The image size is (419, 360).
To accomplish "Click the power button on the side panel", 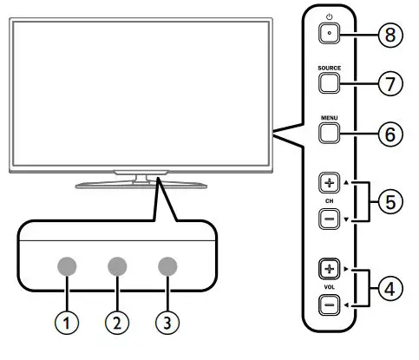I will coord(330,33).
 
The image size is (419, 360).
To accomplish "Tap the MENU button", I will coord(330,133).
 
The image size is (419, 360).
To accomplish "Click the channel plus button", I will coord(330,184).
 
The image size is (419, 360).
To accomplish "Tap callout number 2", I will coord(117,323).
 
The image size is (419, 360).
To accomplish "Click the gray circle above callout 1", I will coord(66,267).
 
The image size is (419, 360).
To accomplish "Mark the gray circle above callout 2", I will coord(117,267).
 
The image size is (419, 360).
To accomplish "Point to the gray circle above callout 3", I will coord(168,267).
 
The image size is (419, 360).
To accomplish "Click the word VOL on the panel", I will coord(330,285).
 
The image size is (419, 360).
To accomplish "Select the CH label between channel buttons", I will coord(330,201).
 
